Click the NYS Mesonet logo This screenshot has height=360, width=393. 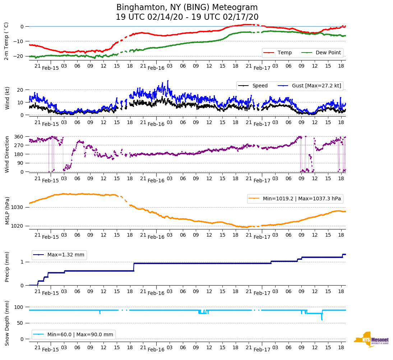tap(371, 339)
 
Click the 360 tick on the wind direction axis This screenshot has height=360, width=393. tap(19, 137)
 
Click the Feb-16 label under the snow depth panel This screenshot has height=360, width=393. tap(156, 350)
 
